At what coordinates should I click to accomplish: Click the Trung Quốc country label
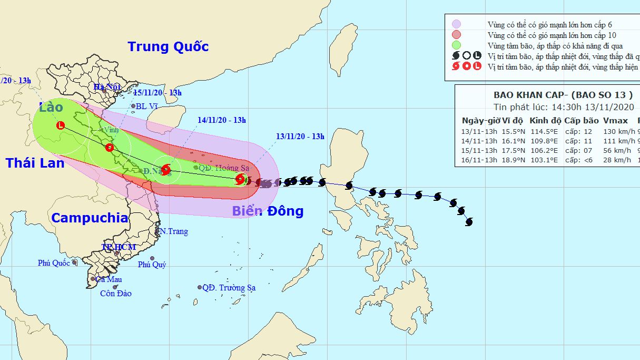click(168, 46)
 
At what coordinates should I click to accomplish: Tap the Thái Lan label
click(35, 163)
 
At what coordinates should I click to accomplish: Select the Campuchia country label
click(90, 218)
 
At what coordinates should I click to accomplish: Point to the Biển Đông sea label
click(268, 211)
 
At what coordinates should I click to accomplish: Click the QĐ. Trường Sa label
click(229, 288)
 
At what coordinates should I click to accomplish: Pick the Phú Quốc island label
click(54, 263)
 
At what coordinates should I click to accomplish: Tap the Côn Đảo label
click(116, 294)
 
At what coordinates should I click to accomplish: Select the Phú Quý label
click(152, 265)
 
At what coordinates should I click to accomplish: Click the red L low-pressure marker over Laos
click(61, 125)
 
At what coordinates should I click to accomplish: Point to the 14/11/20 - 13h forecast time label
click(222, 120)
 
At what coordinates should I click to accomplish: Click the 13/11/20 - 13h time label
click(300, 137)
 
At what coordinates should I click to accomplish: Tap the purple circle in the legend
click(457, 24)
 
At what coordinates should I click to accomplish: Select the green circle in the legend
click(457, 45)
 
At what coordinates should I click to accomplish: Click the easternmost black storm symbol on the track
click(468, 222)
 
